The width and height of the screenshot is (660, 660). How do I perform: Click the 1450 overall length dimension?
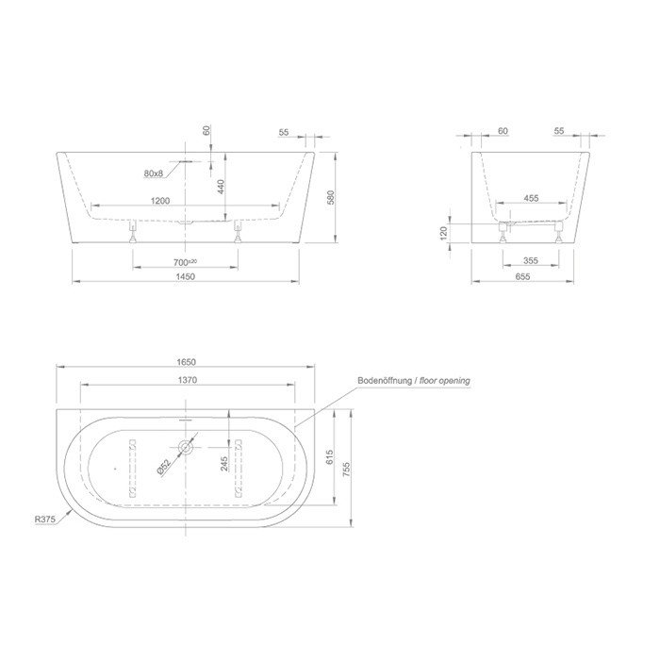185,275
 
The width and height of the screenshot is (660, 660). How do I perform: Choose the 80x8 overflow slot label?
154,173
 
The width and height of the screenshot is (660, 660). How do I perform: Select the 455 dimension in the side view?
531,200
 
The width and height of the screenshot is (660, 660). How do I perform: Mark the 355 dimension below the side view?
531,261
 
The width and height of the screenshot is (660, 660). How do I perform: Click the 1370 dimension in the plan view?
185,379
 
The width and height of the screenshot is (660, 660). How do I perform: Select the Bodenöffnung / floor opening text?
413,381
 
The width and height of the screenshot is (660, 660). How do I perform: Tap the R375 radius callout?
40,517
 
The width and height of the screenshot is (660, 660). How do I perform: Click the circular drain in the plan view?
185,447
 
